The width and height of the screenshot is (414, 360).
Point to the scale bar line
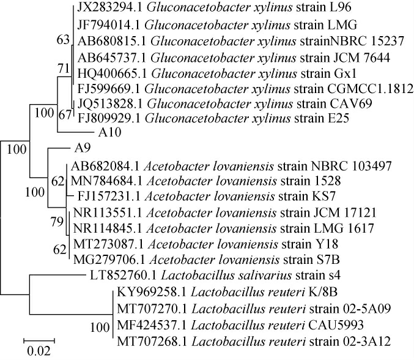pyautogui.click(x=40, y=337)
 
